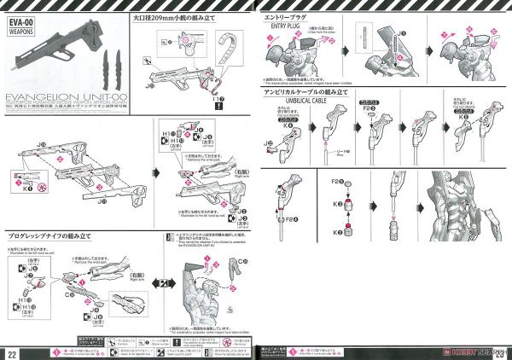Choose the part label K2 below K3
(x=339, y=234)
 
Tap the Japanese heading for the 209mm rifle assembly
(x=172, y=16)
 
